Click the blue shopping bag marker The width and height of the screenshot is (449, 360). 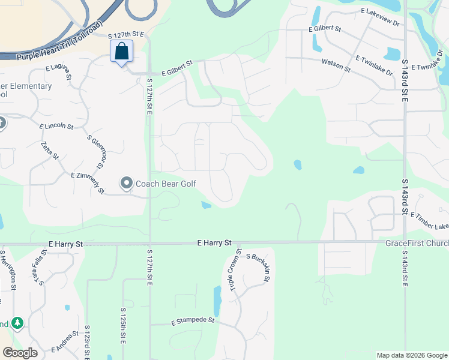click(122, 52)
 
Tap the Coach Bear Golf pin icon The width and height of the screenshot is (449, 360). click(127, 182)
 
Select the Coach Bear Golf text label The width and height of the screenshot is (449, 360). click(166, 183)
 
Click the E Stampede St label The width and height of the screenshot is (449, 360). click(193, 320)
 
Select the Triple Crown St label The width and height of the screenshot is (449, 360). click(235, 270)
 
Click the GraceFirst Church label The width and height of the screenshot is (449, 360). click(417, 244)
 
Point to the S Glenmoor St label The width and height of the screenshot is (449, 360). click(96, 152)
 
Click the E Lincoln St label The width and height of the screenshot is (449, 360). click(56, 127)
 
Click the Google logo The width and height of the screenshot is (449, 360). click(20, 353)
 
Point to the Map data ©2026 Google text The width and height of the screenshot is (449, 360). click(411, 355)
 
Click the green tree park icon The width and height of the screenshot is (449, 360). click(17, 323)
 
